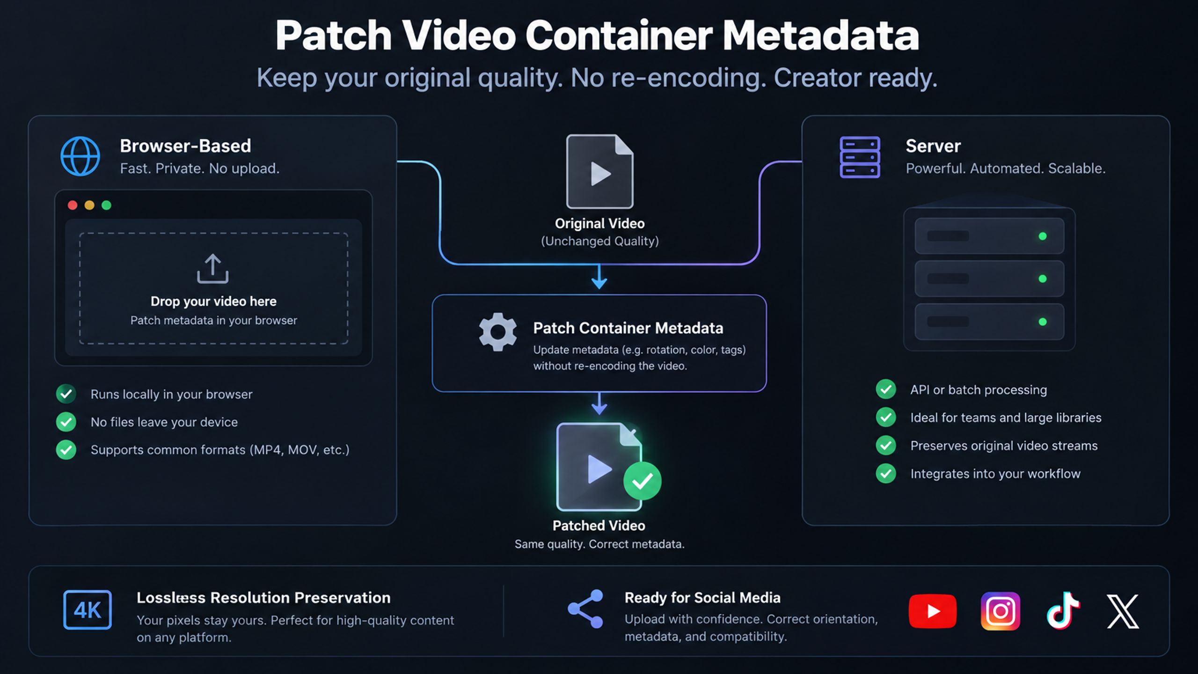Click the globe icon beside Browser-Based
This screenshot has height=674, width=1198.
click(80, 156)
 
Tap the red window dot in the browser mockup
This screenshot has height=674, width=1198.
click(73, 205)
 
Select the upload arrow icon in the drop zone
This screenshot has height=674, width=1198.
click(213, 269)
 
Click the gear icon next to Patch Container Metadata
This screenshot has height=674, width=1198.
click(497, 332)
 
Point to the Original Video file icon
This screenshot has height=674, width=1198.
click(599, 171)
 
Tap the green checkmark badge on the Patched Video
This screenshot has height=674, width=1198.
click(642, 481)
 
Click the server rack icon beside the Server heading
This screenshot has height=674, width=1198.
click(860, 157)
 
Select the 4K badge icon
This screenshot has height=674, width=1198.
click(88, 610)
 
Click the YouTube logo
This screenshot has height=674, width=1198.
click(933, 611)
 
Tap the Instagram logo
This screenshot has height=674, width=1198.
click(1001, 611)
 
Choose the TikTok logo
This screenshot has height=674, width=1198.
click(1063, 610)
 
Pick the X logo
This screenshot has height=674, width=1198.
click(1123, 611)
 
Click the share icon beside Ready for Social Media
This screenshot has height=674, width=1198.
click(585, 609)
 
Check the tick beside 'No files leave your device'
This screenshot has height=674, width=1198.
click(66, 422)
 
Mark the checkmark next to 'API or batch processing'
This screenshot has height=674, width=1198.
click(886, 389)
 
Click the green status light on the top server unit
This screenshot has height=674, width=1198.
click(1043, 236)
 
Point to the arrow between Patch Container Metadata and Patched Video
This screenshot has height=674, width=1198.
click(599, 403)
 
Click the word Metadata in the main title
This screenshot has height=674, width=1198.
click(821, 36)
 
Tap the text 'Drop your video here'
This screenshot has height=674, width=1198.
click(213, 301)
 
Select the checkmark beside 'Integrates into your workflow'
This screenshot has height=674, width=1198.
click(886, 473)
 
